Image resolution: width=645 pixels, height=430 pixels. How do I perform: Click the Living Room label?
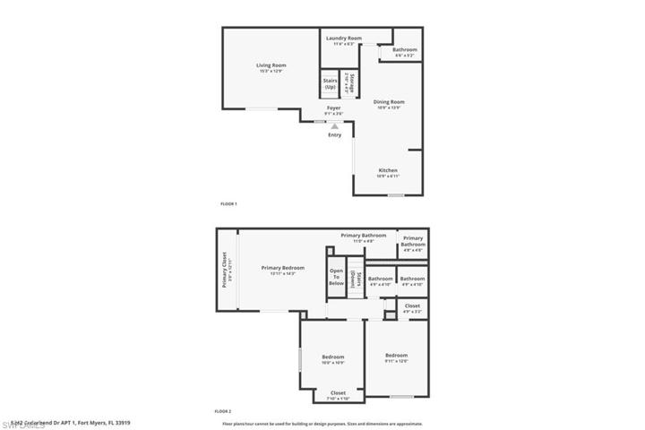(x=271, y=65)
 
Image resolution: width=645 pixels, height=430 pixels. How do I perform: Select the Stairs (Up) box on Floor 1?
(x=330, y=84)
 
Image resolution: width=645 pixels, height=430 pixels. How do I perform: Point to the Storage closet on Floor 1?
(x=352, y=83)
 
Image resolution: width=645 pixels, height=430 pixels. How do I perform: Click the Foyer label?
(x=333, y=108)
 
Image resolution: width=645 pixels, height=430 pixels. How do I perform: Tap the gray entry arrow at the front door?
(x=334, y=126)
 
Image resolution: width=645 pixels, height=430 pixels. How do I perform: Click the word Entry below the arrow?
(x=334, y=135)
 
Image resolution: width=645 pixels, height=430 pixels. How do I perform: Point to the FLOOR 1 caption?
(x=228, y=204)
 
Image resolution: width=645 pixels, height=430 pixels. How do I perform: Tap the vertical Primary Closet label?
(x=225, y=270)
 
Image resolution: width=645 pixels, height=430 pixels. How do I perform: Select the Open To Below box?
(x=336, y=277)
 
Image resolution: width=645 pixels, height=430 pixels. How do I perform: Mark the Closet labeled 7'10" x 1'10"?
(x=338, y=393)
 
